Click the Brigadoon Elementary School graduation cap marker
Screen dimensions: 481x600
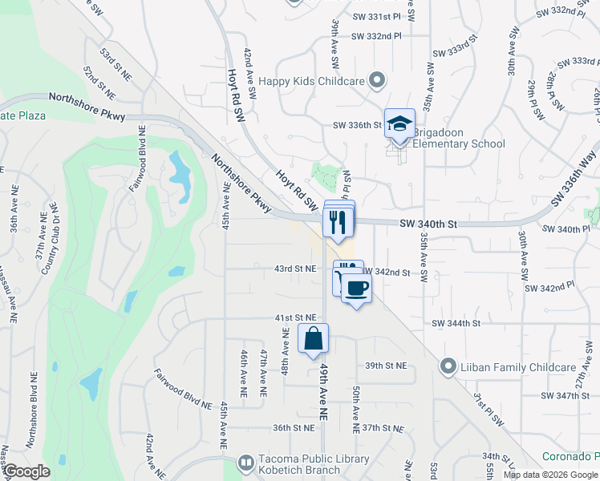399,123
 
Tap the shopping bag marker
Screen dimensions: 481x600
313,338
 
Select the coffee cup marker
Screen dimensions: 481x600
356,288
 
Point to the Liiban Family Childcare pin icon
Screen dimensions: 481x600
448,366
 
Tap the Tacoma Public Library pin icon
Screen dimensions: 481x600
246,463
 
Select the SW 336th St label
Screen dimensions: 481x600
356,125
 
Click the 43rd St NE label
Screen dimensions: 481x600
294,269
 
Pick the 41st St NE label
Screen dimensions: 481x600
294,318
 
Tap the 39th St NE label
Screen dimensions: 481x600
386,366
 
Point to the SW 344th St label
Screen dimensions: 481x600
456,323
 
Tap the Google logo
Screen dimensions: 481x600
26,471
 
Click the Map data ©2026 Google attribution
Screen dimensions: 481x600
549,475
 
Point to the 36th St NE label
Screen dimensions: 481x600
293,428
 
